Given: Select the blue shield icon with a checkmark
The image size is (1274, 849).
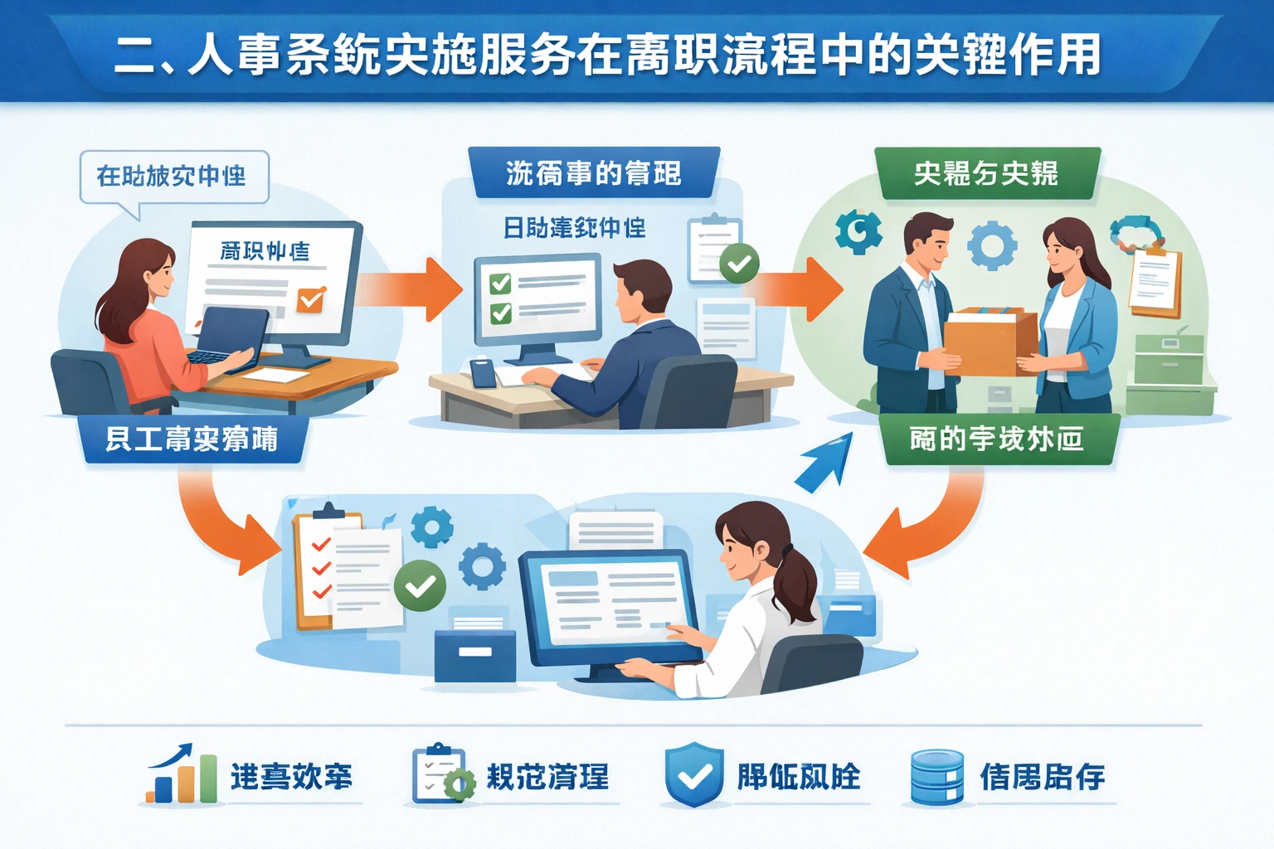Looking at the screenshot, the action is pyautogui.click(x=694, y=775).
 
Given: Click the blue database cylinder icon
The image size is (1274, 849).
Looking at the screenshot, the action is pyautogui.click(x=936, y=777).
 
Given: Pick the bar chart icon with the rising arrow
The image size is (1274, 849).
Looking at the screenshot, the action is pyautogui.click(x=182, y=775).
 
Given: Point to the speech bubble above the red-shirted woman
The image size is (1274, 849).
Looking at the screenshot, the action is pyautogui.click(x=173, y=177).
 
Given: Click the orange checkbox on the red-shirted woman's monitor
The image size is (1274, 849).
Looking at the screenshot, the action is pyautogui.click(x=311, y=298).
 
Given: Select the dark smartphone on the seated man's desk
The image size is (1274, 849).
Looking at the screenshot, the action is pyautogui.click(x=483, y=373).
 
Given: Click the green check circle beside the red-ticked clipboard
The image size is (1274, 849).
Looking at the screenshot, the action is pyautogui.click(x=420, y=585).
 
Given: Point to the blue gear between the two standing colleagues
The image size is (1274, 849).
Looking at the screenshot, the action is pyautogui.click(x=992, y=245).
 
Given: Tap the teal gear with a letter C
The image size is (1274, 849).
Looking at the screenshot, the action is pyautogui.click(x=858, y=231).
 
